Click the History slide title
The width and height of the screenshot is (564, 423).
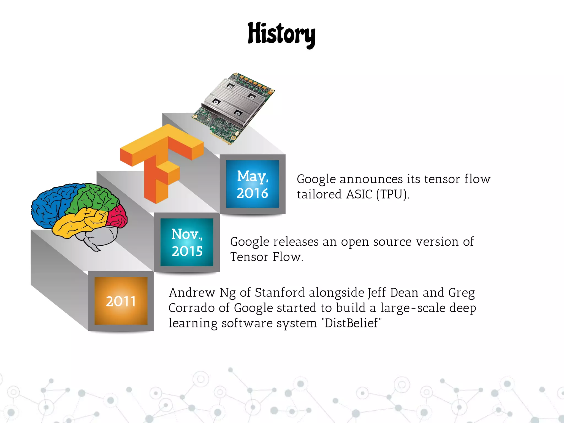coord(281,34)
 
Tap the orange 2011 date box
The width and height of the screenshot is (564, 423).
coord(121,301)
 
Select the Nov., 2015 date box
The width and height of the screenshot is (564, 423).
coord(187,242)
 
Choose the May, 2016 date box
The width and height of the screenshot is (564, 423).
coord(253,184)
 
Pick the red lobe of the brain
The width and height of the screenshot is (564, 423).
coord(117,216)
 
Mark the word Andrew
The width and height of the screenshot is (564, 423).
coord(192,292)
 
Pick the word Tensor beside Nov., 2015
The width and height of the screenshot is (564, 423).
coord(249,257)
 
